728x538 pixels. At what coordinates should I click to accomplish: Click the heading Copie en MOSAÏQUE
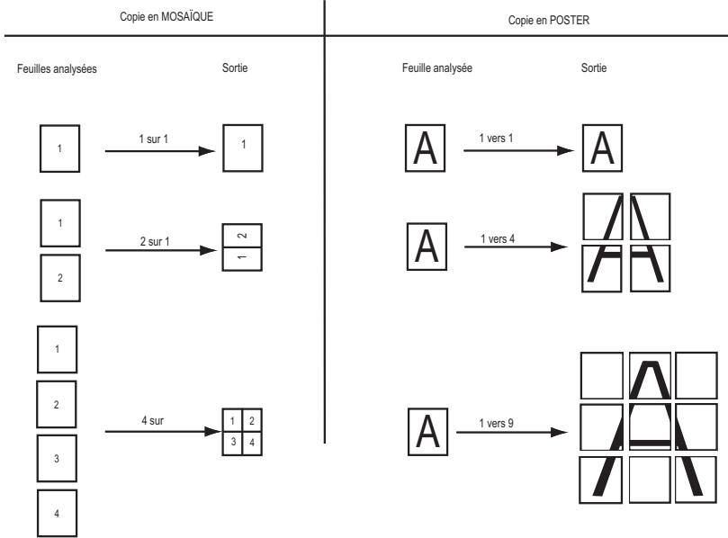[166, 17]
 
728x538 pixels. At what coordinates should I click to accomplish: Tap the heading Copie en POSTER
[549, 21]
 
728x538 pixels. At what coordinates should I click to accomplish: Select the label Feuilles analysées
[57, 68]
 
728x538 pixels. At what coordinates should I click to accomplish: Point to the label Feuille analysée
[437, 67]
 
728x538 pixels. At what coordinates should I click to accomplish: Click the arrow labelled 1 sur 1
[160, 151]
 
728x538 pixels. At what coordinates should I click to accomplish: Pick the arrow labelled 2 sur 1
[161, 250]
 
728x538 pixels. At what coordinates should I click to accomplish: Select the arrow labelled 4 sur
[163, 431]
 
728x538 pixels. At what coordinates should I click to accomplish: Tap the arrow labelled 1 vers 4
[516, 247]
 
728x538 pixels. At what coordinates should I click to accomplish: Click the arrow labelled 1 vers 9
[512, 432]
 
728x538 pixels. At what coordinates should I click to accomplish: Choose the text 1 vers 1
[496, 138]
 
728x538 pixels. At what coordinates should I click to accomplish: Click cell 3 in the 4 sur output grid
[232, 444]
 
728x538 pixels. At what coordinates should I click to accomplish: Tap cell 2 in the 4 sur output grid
[252, 420]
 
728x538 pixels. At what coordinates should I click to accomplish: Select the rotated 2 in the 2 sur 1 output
[242, 236]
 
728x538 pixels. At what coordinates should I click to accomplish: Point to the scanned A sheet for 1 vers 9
[427, 432]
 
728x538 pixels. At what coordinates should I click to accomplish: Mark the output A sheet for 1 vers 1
[602, 148]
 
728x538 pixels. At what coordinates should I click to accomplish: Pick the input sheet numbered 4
[57, 513]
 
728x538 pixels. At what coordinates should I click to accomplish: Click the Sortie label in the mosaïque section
[235, 67]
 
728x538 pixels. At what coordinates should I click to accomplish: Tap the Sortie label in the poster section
[594, 67]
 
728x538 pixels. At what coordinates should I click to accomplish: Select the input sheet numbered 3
[57, 458]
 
